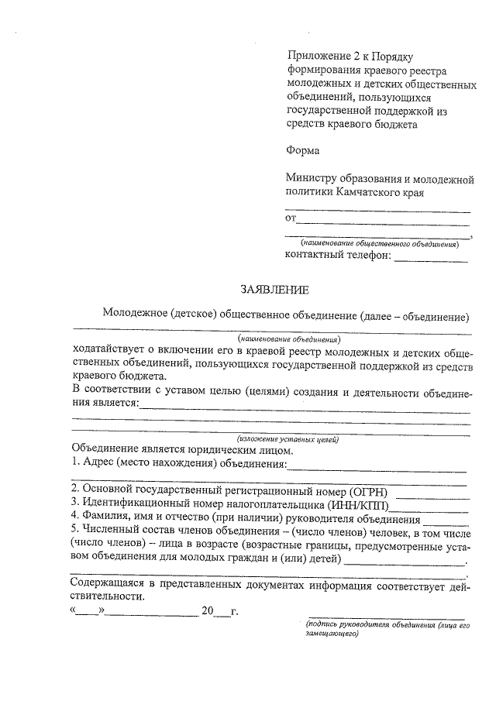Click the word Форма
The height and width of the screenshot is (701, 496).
[x=302, y=151]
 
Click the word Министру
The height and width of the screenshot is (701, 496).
[x=312, y=179]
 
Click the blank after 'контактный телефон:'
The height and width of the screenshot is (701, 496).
[x=431, y=259]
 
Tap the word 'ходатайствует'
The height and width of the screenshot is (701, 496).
[x=108, y=349]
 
